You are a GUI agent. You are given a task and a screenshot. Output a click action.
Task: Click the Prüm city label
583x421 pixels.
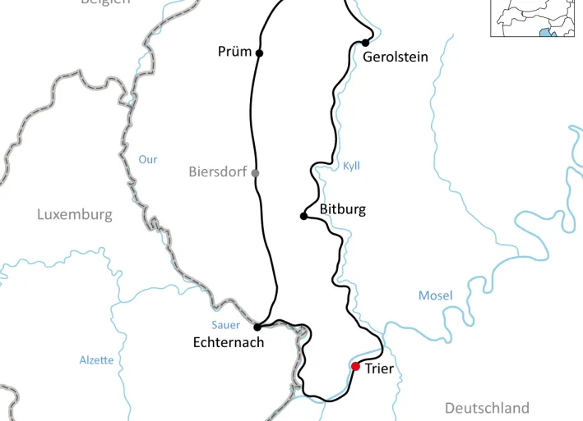point(234,52)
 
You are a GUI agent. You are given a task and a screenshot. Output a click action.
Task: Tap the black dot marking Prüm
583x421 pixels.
point(260,53)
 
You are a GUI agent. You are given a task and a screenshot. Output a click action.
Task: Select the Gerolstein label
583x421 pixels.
point(396,57)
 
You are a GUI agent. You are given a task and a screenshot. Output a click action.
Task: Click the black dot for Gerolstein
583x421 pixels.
point(364,43)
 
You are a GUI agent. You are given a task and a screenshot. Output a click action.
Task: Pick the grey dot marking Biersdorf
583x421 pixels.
point(255,172)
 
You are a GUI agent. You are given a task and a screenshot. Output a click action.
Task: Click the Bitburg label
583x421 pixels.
point(342,209)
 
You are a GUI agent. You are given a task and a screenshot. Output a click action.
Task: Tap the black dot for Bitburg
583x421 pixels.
point(303,217)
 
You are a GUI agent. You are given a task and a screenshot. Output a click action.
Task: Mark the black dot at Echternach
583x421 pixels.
point(257,327)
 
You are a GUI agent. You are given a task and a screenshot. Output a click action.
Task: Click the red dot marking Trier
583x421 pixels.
point(355,366)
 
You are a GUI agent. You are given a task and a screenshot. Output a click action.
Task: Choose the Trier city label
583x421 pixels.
point(379,369)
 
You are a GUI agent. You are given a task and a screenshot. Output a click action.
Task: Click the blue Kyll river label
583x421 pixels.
point(351,166)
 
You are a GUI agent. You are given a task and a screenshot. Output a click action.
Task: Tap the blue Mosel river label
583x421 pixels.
point(435,295)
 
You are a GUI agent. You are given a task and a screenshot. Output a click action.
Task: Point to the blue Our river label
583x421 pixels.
point(147,159)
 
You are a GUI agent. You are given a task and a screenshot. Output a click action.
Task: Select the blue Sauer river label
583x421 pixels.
point(225,325)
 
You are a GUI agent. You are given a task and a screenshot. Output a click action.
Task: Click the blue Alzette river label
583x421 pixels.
point(96,360)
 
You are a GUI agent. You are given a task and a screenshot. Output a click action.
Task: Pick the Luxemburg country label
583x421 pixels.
point(74,215)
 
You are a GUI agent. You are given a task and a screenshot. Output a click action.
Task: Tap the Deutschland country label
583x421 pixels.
point(487,408)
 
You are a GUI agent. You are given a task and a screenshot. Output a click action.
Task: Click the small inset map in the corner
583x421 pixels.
point(536,18)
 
